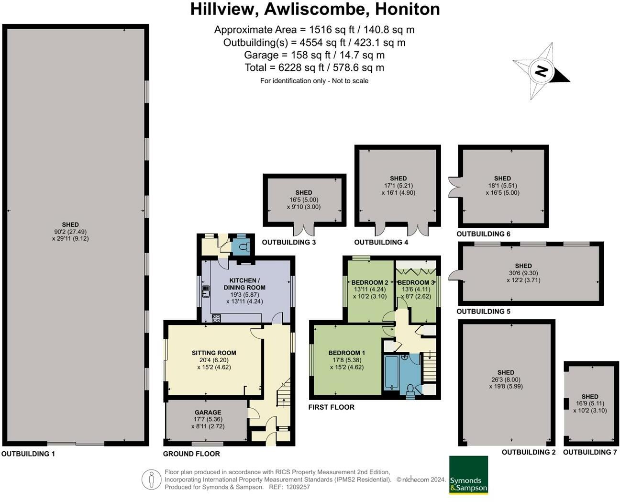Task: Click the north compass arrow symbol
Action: point(541,72)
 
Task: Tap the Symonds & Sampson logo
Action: point(468,475)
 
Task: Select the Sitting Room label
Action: point(213,353)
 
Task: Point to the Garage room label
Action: point(208,412)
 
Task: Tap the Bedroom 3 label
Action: point(416,282)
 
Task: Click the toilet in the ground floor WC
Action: point(244,247)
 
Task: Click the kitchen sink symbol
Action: point(207,291)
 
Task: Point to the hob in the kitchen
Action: point(216,318)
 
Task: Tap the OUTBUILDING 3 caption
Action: point(288,242)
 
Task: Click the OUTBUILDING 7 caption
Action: point(589,452)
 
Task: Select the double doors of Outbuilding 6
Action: point(453,187)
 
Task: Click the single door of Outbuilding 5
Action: point(453,275)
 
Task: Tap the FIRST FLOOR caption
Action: point(331,407)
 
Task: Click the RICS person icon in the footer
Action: point(151,479)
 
